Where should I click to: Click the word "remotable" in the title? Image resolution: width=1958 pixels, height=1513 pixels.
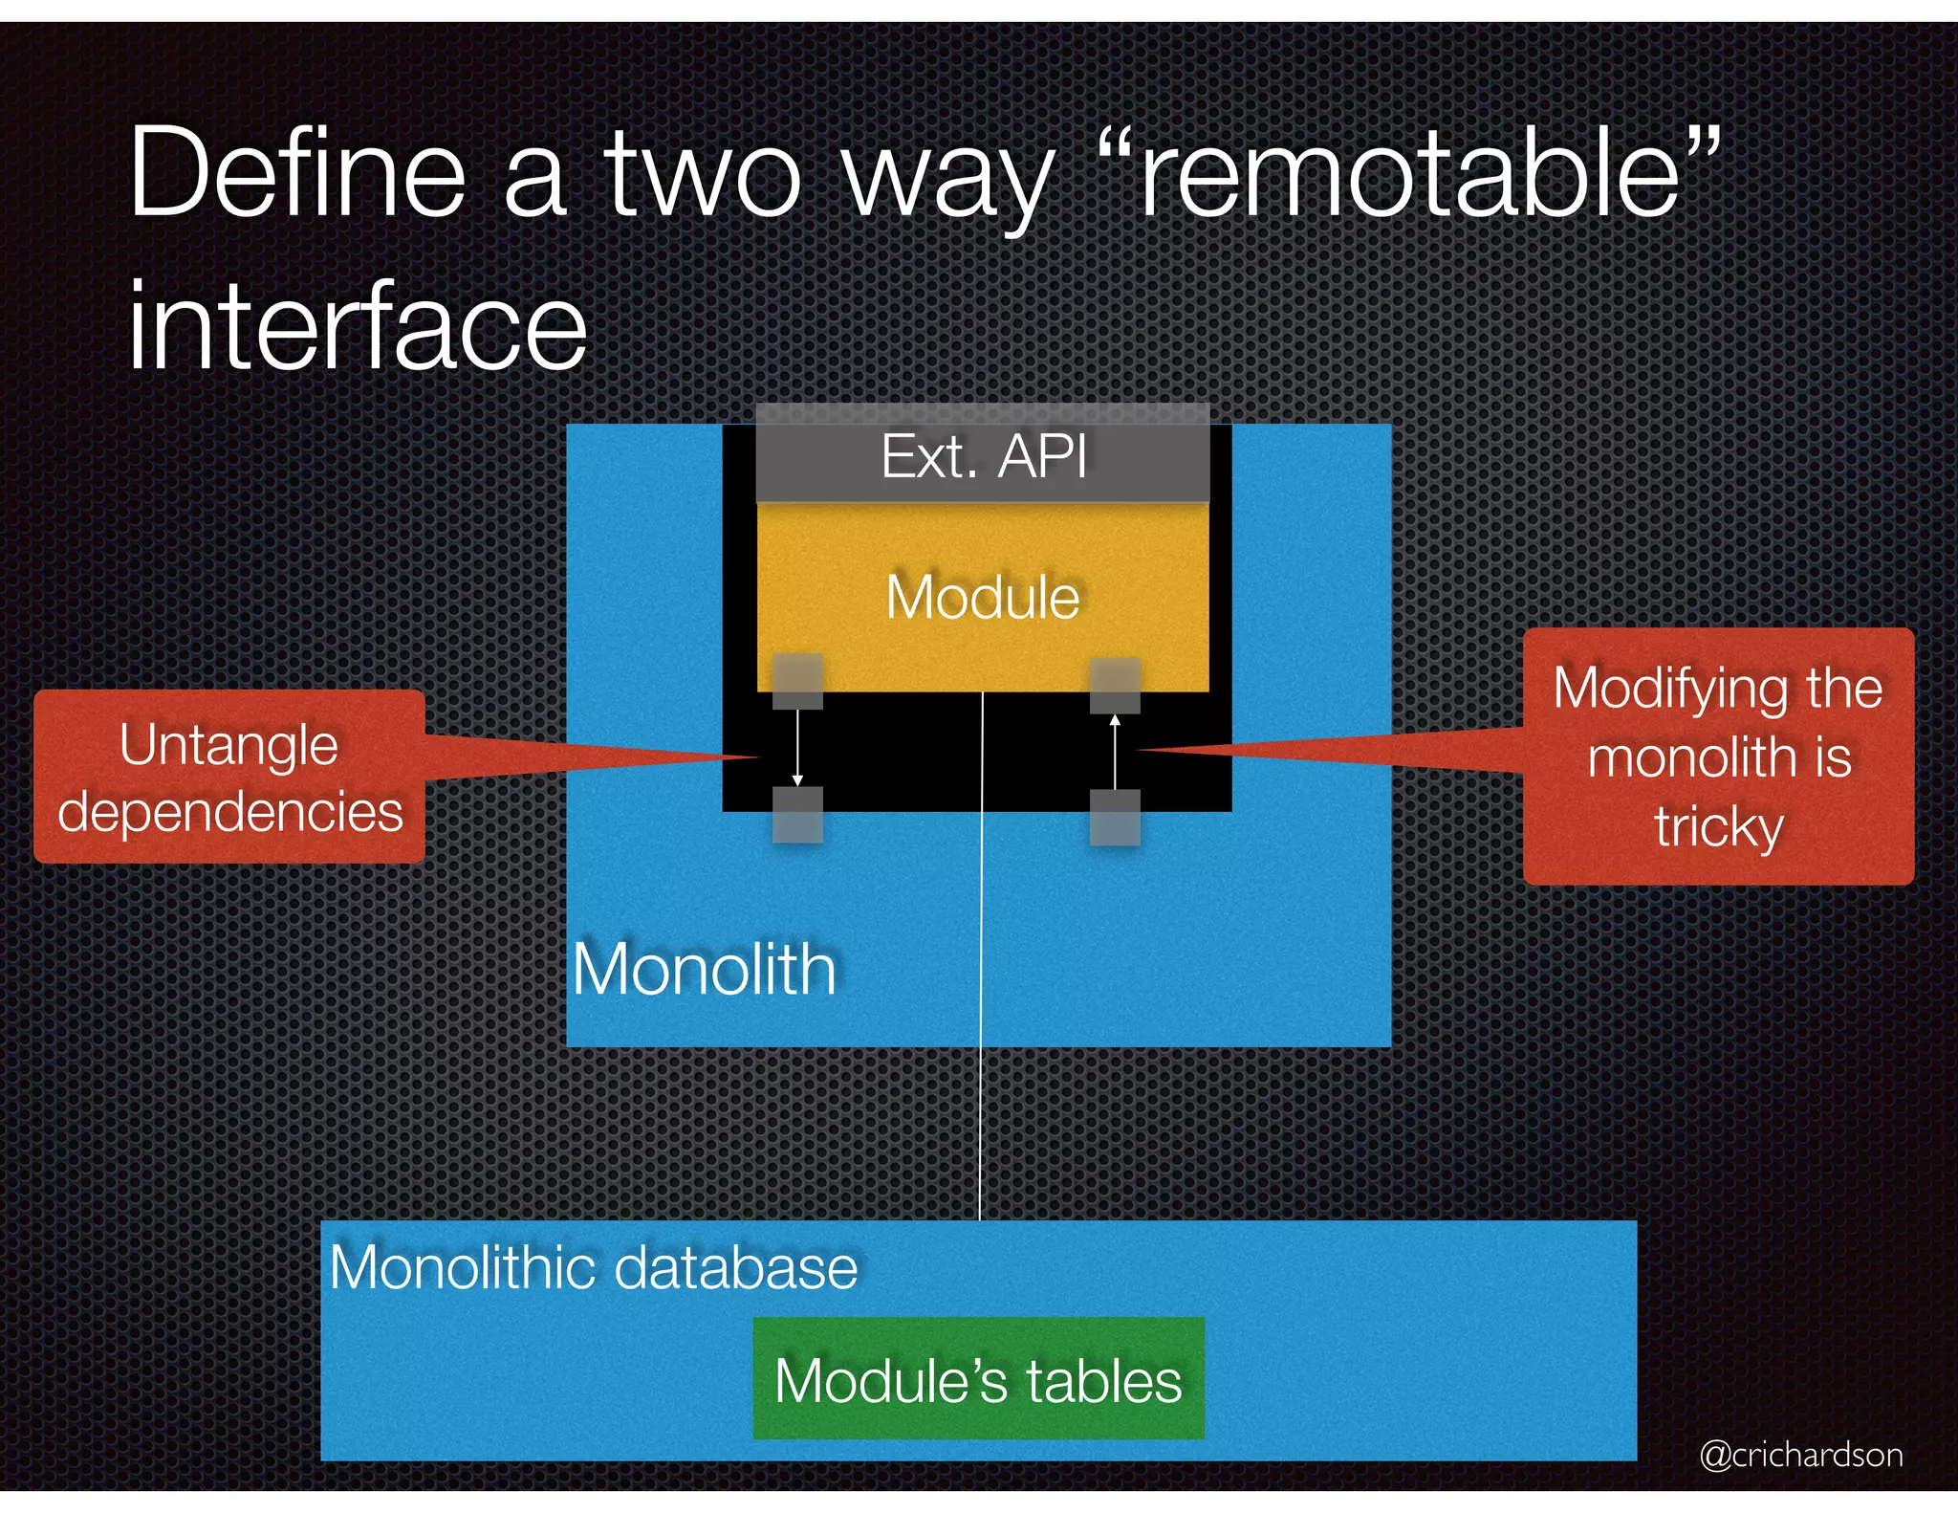(1410, 177)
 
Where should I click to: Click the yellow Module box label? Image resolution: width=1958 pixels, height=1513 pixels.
(983, 598)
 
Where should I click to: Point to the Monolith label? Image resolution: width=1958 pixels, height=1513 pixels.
(704, 970)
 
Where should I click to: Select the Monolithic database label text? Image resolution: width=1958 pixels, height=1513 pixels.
(593, 1268)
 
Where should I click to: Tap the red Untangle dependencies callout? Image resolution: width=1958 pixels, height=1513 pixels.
(229, 777)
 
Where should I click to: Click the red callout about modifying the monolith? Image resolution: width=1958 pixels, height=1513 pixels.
(1718, 756)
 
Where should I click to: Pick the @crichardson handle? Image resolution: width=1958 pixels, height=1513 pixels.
(1801, 1455)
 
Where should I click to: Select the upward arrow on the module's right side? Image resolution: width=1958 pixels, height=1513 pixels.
(1115, 751)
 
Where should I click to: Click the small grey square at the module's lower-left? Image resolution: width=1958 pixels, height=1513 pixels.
(797, 681)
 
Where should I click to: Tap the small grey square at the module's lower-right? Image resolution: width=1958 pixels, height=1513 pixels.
(1115, 685)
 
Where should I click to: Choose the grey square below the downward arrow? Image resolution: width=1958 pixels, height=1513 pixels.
(797, 815)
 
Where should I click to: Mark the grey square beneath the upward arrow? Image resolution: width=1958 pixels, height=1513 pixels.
(1115, 818)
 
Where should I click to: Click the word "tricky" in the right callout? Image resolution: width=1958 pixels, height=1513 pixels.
(1718, 826)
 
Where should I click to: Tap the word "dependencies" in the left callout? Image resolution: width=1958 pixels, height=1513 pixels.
(229, 812)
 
